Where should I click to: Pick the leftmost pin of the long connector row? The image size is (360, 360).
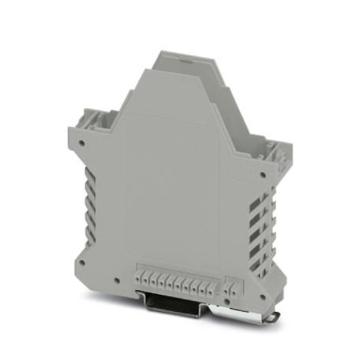(142, 279)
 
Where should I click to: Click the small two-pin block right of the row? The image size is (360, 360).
(230, 284)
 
